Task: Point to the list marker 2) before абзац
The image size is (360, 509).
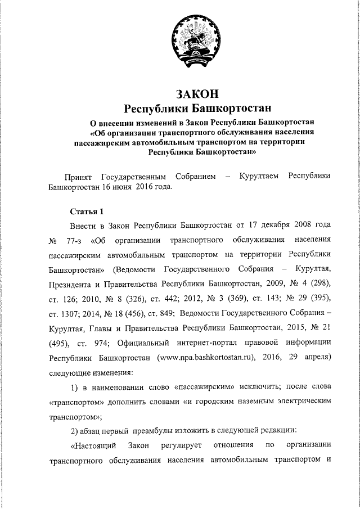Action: point(75,430)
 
